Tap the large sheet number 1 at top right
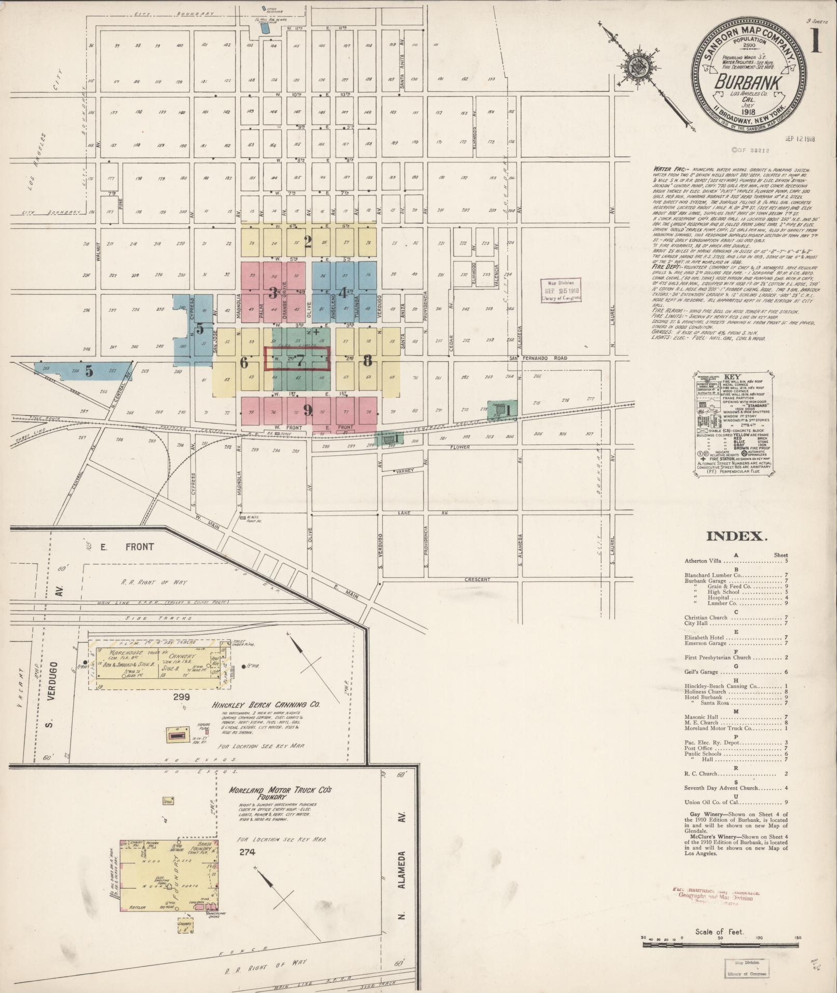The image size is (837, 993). pyautogui.click(x=816, y=40)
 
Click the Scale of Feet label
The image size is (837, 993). pyautogui.click(x=720, y=932)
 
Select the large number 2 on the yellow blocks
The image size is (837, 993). pyautogui.click(x=308, y=241)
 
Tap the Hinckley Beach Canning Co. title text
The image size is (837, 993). pyautogui.click(x=266, y=705)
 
